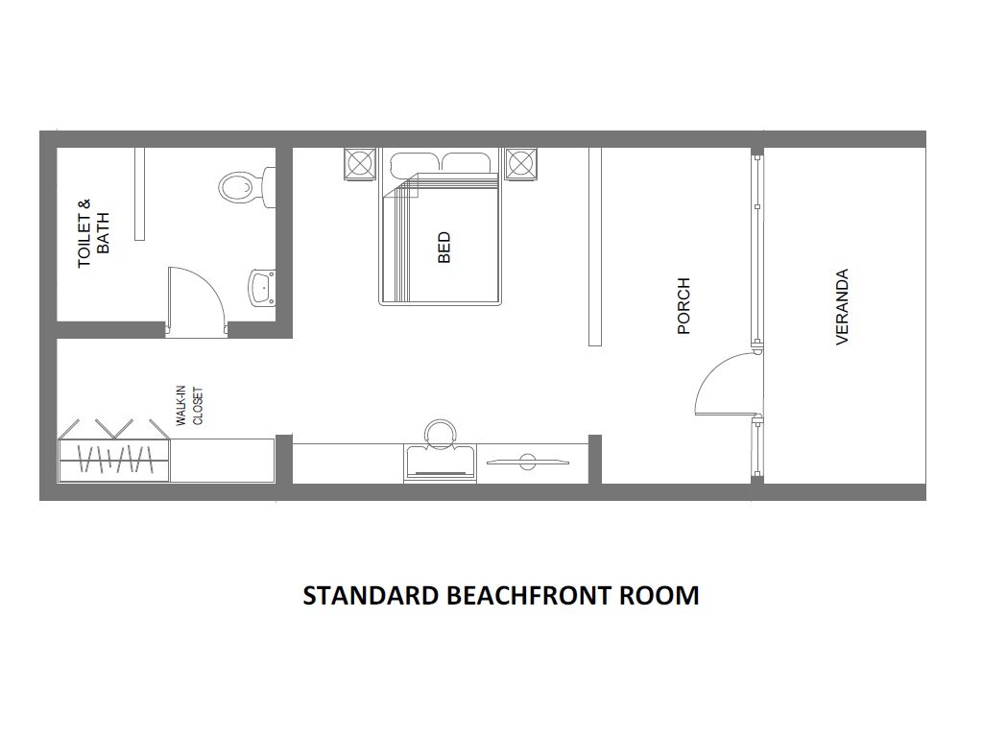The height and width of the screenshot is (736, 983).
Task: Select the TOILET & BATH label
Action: [x=93, y=233]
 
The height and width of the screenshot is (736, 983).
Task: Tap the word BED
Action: [x=444, y=248]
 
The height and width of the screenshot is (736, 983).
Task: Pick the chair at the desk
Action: [x=441, y=434]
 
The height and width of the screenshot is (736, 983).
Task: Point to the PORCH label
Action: [x=683, y=306]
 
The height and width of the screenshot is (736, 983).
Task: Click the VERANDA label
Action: [x=843, y=306]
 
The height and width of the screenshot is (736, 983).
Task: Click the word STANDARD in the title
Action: [x=372, y=596]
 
